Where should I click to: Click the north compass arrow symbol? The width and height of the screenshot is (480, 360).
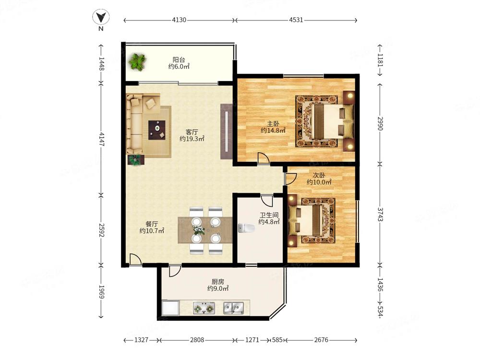coord(101,17)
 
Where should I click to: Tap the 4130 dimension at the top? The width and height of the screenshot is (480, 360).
coord(179,20)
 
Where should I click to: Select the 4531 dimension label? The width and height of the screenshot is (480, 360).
coord(296,20)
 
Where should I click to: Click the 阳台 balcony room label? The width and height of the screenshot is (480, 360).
coord(179,60)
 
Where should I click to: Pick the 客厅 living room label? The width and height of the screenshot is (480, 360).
coord(192,132)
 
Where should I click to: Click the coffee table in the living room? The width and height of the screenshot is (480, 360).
coord(157,130)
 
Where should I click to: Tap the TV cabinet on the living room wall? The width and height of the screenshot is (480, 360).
coord(227,132)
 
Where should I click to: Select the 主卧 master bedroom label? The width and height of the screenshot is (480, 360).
coord(273,124)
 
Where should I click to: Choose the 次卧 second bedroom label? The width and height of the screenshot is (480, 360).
coord(319,175)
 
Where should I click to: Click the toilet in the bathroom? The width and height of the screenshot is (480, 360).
coord(246,228)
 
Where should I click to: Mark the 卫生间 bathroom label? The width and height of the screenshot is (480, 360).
coord(269,215)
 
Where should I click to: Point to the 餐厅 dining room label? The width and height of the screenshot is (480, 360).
coord(152,224)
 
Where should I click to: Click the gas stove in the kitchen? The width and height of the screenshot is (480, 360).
coord(204,308)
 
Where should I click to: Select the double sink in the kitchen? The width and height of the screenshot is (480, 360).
coord(234,308)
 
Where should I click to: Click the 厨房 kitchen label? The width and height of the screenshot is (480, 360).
coord(217,282)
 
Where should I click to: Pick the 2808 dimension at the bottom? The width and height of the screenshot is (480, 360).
coord(197,340)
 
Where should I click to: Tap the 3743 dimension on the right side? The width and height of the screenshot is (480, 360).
coord(380,214)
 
